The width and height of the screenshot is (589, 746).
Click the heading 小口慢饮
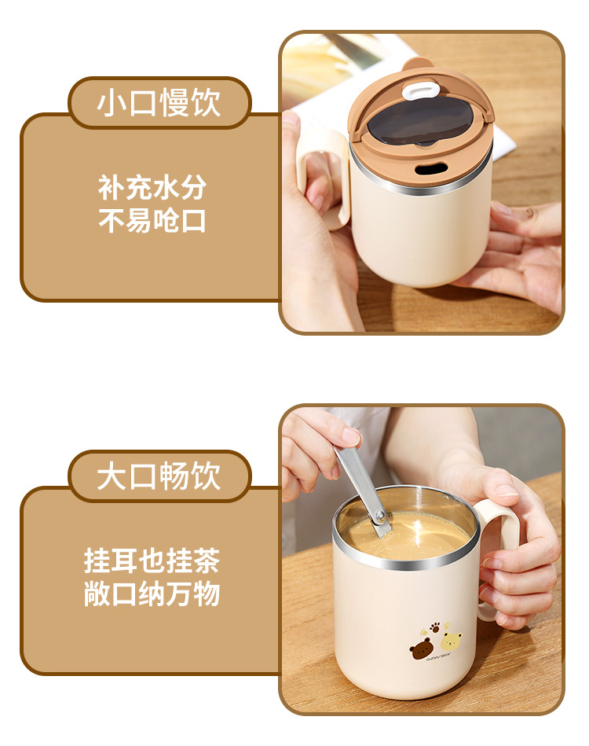[159, 104]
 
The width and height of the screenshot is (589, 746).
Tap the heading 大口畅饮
[159, 477]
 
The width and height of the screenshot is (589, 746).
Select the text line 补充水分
[152, 188]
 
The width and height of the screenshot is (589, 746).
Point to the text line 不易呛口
[152, 221]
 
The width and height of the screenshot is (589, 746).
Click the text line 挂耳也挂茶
[152, 561]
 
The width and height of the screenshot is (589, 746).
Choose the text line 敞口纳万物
[152, 594]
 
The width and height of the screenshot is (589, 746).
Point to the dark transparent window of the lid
[416, 124]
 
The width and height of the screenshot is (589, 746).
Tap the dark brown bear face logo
[421, 648]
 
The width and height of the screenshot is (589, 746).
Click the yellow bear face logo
[450, 641]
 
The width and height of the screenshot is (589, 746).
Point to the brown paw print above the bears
[433, 628]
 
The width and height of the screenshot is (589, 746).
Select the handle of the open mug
[503, 550]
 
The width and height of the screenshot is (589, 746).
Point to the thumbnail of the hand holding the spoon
[349, 436]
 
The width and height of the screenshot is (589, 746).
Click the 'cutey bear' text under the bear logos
[437, 662]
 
